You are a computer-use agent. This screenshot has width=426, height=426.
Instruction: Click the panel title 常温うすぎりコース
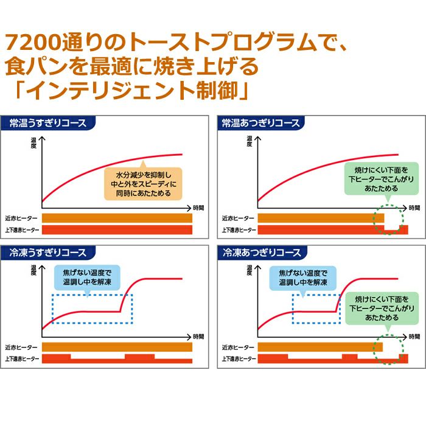point(48,123)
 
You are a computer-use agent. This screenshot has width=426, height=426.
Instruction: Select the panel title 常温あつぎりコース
point(260,123)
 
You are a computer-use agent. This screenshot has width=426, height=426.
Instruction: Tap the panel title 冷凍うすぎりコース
point(48,253)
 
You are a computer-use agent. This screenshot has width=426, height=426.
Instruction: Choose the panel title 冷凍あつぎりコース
point(260,253)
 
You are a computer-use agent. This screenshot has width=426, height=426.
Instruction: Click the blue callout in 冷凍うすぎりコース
point(87,278)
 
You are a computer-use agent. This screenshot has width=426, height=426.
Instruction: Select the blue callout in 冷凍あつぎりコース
point(302,278)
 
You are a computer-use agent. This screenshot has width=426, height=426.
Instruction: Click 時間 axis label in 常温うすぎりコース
point(198,208)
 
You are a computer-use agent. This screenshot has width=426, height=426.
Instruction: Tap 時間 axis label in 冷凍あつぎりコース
point(411,337)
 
